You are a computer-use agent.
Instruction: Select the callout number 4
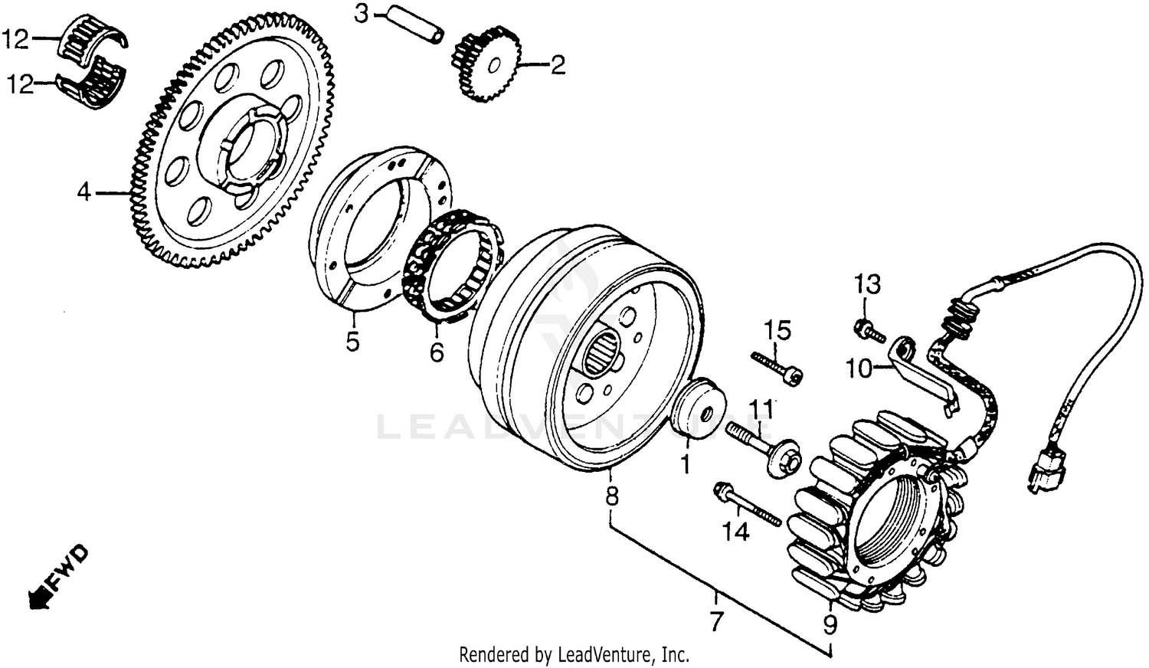click(x=83, y=192)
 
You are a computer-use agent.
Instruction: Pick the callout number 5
click(x=352, y=341)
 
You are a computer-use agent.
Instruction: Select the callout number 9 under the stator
click(x=830, y=624)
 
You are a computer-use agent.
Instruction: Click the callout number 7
click(x=716, y=621)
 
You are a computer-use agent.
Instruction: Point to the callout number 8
click(x=611, y=496)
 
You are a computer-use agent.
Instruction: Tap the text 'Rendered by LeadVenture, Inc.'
click(x=574, y=655)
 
